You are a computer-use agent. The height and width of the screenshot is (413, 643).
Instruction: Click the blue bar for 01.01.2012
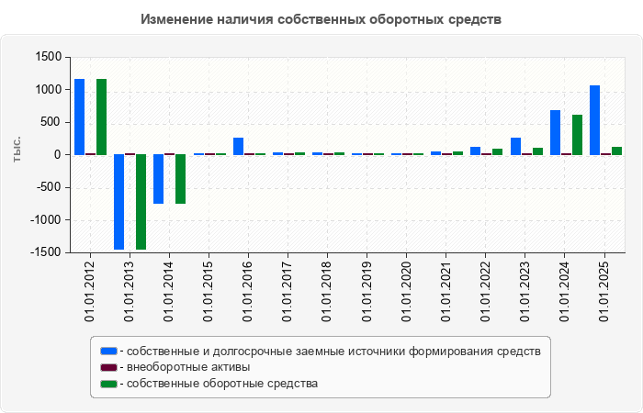(79, 117)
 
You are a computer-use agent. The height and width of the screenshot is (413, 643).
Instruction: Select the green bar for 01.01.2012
(101, 117)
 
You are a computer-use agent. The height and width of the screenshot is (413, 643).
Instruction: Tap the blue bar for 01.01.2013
(118, 202)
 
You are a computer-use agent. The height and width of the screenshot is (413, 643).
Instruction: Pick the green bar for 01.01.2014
(180, 179)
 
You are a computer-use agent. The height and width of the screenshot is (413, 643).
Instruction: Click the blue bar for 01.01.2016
(238, 146)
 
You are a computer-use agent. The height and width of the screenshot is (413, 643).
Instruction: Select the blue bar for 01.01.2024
(555, 132)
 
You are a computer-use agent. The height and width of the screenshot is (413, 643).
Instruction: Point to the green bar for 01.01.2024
(577, 135)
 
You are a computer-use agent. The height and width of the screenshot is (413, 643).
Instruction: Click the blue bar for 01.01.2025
(594, 120)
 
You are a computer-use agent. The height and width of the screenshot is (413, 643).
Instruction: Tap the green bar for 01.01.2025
(616, 151)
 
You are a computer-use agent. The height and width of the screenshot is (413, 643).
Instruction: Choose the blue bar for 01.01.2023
(515, 146)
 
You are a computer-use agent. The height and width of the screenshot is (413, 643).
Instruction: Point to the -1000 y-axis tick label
(44, 220)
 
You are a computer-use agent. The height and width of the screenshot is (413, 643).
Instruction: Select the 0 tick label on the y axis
(57, 155)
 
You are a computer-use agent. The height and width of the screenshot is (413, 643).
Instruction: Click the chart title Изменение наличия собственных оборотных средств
(321, 18)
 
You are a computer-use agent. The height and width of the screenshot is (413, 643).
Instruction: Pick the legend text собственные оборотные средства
(223, 384)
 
